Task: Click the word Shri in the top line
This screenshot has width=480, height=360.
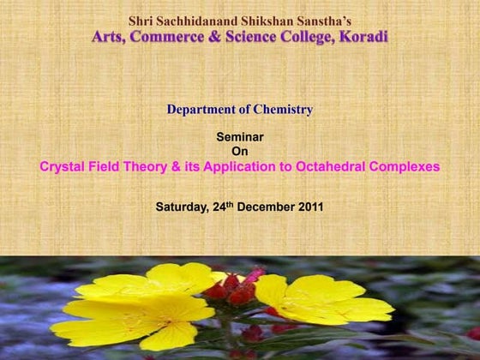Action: (x=141, y=20)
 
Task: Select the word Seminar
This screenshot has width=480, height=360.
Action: (x=240, y=137)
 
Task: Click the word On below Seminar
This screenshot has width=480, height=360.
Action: (x=240, y=152)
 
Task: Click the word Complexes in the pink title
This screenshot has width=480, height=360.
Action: (x=405, y=167)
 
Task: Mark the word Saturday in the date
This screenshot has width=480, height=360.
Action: (x=182, y=207)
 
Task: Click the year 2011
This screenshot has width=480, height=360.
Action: (x=309, y=207)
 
